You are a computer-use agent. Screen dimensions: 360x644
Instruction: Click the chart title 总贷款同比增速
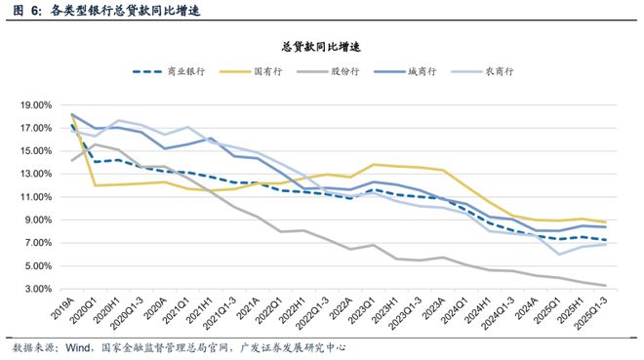(x=321, y=46)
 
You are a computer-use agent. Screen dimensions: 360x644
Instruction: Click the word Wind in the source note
(x=73, y=346)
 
